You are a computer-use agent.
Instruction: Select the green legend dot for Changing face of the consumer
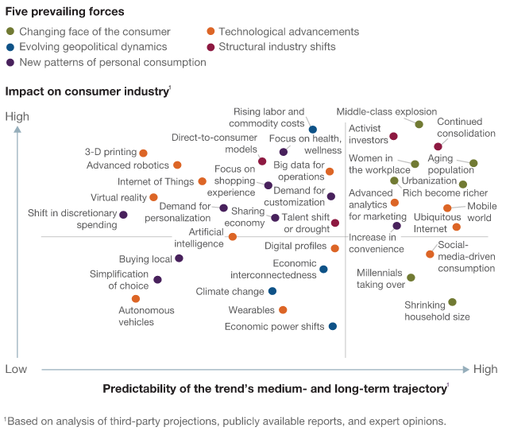coord(10,32)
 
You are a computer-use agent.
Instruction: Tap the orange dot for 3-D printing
coord(143,153)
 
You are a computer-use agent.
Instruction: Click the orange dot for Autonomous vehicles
coord(136,299)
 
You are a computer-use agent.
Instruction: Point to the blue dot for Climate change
coord(272,291)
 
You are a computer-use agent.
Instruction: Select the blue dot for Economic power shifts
coord(332,326)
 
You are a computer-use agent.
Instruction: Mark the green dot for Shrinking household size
coord(452,302)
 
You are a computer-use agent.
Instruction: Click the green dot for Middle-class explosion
coord(419,124)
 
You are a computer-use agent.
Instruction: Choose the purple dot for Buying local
coord(179,258)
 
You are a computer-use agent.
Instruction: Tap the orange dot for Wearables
coord(283,309)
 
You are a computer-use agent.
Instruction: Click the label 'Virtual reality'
coord(118,197)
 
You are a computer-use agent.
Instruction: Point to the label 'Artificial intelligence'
coord(199,238)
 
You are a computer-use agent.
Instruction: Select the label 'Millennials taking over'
coord(380,279)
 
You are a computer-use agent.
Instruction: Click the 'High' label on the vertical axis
coord(17,117)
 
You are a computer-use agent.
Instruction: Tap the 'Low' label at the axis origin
coord(17,369)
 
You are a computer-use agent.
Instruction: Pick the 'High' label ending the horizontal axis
coord(485,369)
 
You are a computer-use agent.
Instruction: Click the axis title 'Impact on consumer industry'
coord(87,91)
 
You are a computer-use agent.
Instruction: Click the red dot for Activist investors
coord(393,137)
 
